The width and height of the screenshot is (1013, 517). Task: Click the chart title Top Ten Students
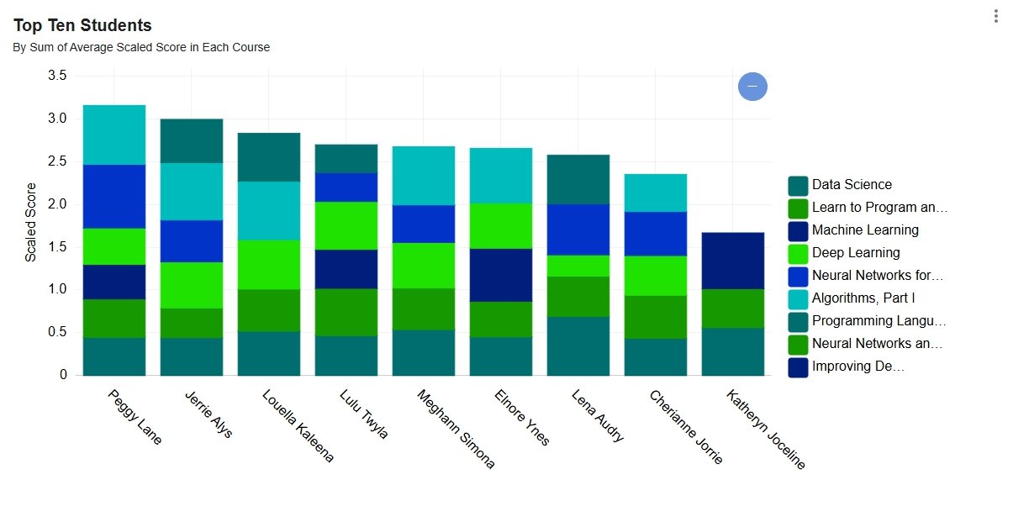82,25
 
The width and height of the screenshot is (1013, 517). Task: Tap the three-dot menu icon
996,16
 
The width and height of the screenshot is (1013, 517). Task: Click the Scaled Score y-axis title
31,222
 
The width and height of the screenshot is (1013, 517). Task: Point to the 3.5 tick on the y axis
58,76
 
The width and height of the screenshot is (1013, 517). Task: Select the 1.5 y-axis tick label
58,246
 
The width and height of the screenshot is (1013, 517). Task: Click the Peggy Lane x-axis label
135,417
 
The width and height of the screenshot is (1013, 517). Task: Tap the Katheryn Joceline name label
766,430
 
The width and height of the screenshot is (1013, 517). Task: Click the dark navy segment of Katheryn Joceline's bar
733,261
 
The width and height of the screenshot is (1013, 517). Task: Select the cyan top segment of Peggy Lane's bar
114,135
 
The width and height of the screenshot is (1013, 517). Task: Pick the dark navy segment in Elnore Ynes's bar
501,275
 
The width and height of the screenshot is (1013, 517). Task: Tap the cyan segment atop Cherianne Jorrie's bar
656,193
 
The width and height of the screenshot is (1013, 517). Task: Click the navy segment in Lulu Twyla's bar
346,269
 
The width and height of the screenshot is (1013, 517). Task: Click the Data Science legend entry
852,185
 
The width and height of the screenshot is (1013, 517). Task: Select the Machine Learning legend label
865,230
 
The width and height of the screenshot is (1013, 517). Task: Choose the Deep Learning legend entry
856,253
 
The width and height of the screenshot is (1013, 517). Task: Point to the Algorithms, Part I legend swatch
798,299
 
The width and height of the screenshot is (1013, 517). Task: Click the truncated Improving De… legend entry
857,367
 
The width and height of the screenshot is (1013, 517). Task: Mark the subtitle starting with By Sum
141,48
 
